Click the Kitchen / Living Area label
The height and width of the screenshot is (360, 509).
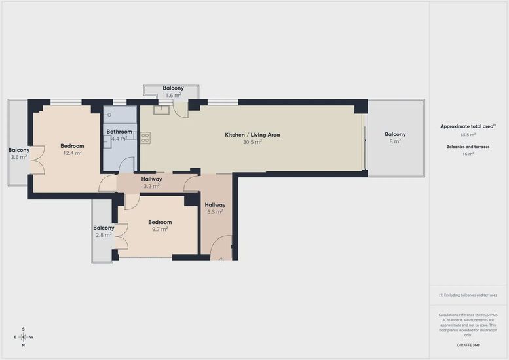(252, 135)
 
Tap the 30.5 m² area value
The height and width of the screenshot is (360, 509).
(252, 142)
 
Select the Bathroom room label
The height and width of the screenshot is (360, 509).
(119, 132)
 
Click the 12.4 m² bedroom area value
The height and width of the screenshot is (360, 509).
(72, 153)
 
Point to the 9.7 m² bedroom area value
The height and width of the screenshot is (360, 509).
(160, 229)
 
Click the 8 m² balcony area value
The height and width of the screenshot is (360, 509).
(395, 141)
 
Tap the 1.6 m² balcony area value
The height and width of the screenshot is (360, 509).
(173, 96)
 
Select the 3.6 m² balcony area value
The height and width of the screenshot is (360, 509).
(18, 157)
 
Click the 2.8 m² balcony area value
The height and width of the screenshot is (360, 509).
(104, 235)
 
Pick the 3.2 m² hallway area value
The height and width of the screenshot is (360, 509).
(151, 186)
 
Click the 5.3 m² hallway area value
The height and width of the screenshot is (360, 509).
(215, 212)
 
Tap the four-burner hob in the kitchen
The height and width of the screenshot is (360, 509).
(145, 138)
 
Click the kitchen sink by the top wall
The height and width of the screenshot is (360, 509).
(161, 109)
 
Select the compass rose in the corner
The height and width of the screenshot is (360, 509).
(24, 337)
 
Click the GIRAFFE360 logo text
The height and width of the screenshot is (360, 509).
(468, 345)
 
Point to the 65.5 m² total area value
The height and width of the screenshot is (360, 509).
(468, 135)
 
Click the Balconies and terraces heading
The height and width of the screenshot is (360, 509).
(468, 147)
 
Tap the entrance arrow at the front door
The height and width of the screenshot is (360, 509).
(221, 259)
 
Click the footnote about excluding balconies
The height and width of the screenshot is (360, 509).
(468, 295)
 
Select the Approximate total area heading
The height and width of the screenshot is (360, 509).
(468, 126)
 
